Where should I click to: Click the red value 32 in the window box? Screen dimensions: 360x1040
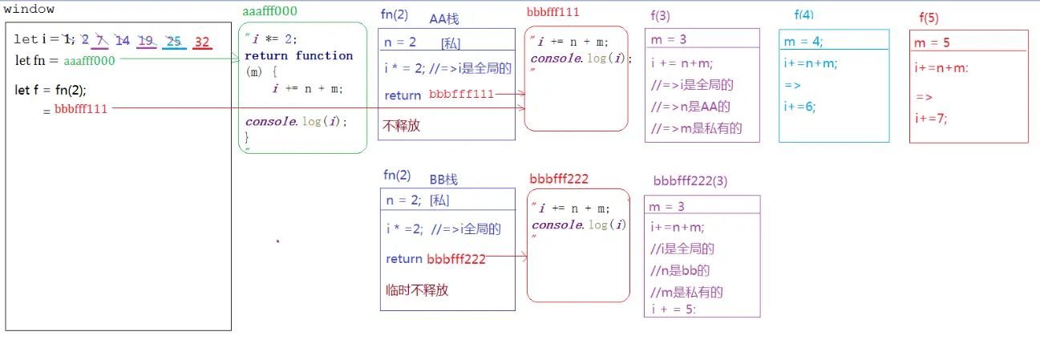202,42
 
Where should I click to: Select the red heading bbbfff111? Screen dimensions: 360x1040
553,12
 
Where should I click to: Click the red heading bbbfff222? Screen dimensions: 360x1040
559,178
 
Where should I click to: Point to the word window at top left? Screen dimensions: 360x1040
29,10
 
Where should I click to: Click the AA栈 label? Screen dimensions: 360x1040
443,18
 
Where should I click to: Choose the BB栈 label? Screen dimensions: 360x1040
443,179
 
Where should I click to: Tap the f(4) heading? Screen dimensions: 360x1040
803,14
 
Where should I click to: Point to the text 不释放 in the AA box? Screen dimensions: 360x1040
402,126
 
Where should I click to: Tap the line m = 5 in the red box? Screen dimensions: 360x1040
932,42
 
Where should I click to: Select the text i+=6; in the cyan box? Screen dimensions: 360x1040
799,106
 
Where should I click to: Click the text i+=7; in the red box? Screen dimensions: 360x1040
931,119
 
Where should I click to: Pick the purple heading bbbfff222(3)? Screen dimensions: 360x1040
690,181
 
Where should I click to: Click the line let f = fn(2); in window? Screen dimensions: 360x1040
50,89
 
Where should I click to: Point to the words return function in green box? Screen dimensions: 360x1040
298,55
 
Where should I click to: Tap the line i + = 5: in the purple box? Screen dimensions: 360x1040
674,309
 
